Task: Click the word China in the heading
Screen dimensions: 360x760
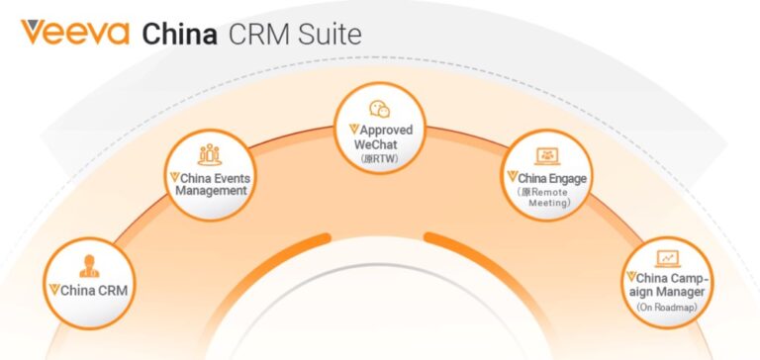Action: (181, 33)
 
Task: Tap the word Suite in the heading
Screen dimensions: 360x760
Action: (328, 33)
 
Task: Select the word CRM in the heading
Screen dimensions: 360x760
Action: (260, 33)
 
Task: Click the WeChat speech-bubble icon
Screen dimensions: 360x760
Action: (380, 110)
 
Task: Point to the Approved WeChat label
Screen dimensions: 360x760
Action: (381, 137)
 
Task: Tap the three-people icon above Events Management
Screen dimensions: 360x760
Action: (210, 153)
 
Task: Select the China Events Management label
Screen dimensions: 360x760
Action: (208, 183)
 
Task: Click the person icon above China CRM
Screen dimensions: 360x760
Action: (89, 265)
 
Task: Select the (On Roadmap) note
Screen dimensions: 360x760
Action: (669, 310)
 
